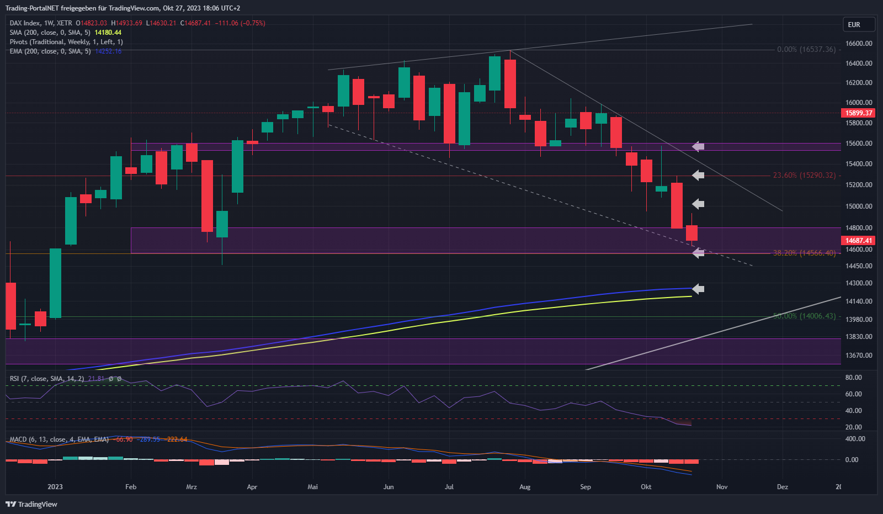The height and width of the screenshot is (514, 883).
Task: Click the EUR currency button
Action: [x=858, y=25]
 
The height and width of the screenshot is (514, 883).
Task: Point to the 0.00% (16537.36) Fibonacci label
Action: [x=806, y=50]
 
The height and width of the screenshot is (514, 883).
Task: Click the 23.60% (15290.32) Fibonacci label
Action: [x=804, y=176]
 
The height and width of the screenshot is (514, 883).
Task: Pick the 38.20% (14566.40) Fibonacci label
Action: [x=804, y=253]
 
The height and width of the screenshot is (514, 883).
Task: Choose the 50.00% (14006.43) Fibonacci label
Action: [x=804, y=316]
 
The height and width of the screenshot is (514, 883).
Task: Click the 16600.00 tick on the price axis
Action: [x=859, y=44]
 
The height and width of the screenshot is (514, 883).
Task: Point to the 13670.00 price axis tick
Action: [x=859, y=356]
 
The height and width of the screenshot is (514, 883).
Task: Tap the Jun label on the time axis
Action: [x=389, y=487]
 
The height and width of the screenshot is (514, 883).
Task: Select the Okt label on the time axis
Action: [x=646, y=487]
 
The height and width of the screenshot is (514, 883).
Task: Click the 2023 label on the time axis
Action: [x=55, y=487]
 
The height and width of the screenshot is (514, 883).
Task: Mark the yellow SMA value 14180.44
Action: [x=108, y=33]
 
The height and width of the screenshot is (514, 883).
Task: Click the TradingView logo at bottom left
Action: [x=31, y=504]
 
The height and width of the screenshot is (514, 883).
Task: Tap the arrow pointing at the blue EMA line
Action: [x=698, y=289]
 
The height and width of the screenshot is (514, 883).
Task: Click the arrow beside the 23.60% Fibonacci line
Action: [x=698, y=176]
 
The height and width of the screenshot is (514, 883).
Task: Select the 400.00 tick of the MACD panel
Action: [x=855, y=439]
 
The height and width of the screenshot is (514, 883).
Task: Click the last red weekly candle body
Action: [x=691, y=233]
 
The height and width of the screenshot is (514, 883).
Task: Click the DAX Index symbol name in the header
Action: [x=25, y=23]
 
